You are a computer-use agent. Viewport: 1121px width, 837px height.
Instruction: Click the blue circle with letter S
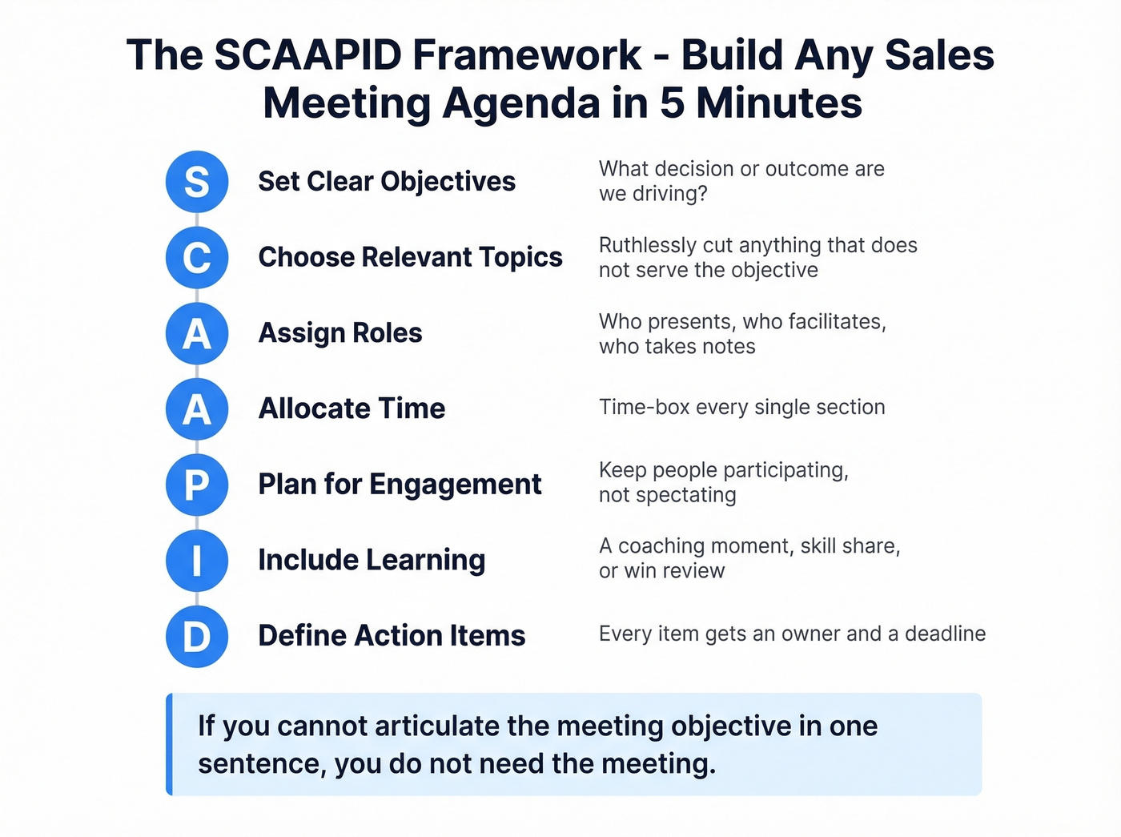(x=197, y=182)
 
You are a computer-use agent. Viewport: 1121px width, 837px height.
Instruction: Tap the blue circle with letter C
(x=197, y=258)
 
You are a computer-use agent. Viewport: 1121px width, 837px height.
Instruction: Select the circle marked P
(x=197, y=485)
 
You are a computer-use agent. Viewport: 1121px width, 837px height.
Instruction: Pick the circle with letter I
(x=197, y=561)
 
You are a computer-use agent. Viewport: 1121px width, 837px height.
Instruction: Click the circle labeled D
(x=197, y=637)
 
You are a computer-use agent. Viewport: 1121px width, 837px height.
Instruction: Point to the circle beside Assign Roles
(x=197, y=333)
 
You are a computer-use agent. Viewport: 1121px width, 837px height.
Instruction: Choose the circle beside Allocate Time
(x=197, y=409)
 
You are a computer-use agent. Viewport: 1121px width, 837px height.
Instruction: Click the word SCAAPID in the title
(x=308, y=55)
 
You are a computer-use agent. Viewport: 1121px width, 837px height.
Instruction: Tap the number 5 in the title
(x=672, y=103)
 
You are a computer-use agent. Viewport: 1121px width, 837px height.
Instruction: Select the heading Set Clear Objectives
(x=387, y=182)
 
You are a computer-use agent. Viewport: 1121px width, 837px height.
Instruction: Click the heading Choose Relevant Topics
(x=410, y=257)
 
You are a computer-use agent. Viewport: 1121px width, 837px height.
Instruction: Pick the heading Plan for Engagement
(x=400, y=485)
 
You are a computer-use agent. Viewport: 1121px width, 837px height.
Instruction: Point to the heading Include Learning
(x=372, y=560)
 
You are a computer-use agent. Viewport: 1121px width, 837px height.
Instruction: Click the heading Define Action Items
(x=392, y=636)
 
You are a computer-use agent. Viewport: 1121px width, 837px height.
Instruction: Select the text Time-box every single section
(x=741, y=407)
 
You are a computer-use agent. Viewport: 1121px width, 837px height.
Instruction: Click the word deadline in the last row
(x=945, y=634)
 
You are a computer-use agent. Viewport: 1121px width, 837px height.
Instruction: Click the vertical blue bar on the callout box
(x=169, y=744)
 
